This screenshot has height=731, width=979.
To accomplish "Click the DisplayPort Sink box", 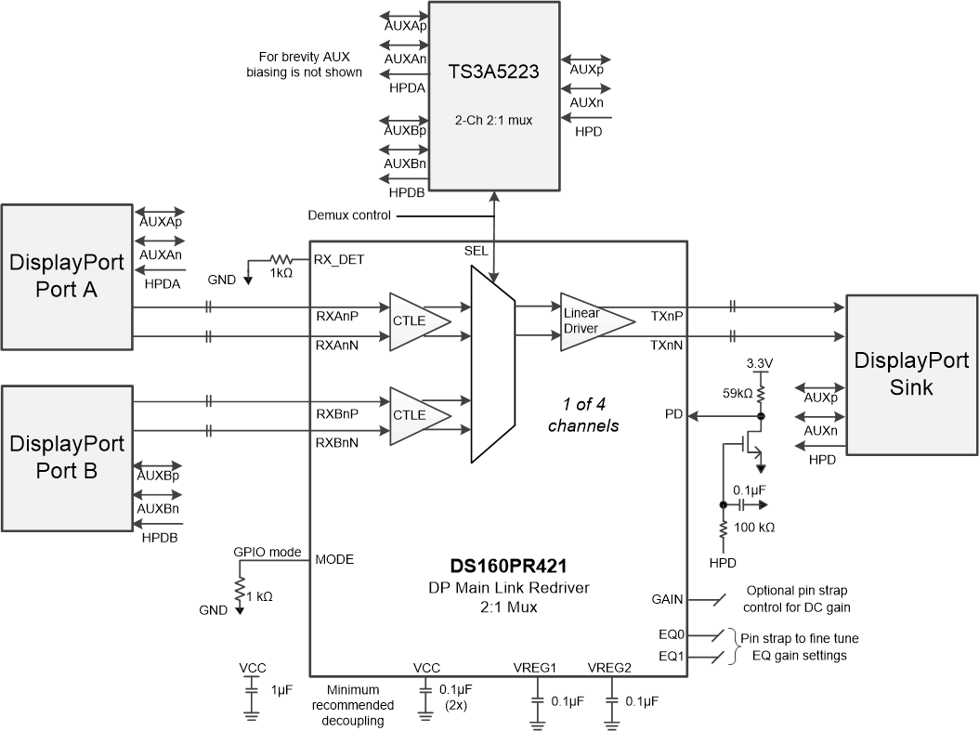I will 911,374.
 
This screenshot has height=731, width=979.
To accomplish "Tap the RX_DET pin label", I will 338,260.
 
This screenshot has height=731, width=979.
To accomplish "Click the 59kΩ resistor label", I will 738,394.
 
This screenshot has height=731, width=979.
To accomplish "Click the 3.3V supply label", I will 761,362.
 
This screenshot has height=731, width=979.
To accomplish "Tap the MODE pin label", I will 334,559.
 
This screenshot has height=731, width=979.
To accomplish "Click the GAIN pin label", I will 667,600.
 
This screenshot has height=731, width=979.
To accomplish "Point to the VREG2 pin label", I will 610,667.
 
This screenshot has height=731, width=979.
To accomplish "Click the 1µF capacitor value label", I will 280,690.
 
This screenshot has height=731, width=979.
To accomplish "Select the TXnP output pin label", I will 668,316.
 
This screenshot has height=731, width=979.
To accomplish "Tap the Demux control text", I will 349,215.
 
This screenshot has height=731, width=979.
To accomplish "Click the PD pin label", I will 675,413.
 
